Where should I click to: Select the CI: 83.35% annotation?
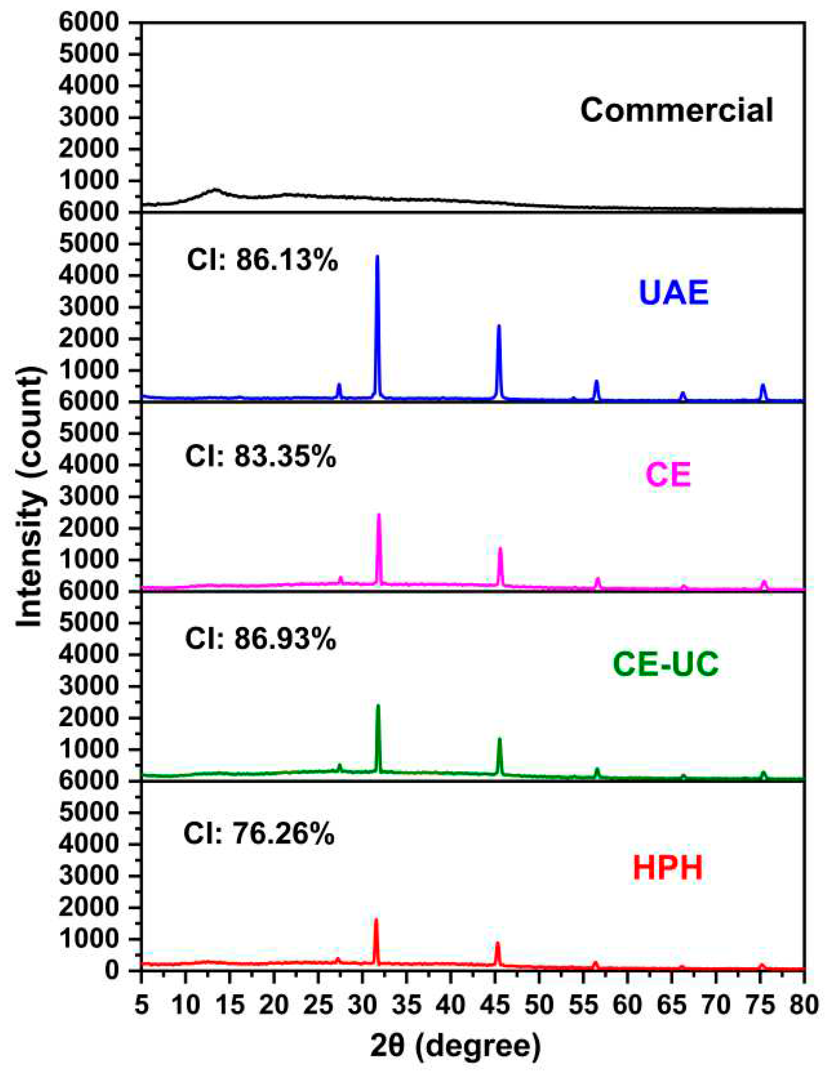pyautogui.click(x=260, y=456)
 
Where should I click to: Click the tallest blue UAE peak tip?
pyautogui.click(x=377, y=256)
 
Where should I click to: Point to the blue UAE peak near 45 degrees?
pyautogui.click(x=499, y=326)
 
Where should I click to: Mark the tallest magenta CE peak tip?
pyautogui.click(x=379, y=515)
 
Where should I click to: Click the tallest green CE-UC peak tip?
pyautogui.click(x=378, y=706)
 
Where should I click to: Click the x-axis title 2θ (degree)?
pyautogui.click(x=455, y=1045)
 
